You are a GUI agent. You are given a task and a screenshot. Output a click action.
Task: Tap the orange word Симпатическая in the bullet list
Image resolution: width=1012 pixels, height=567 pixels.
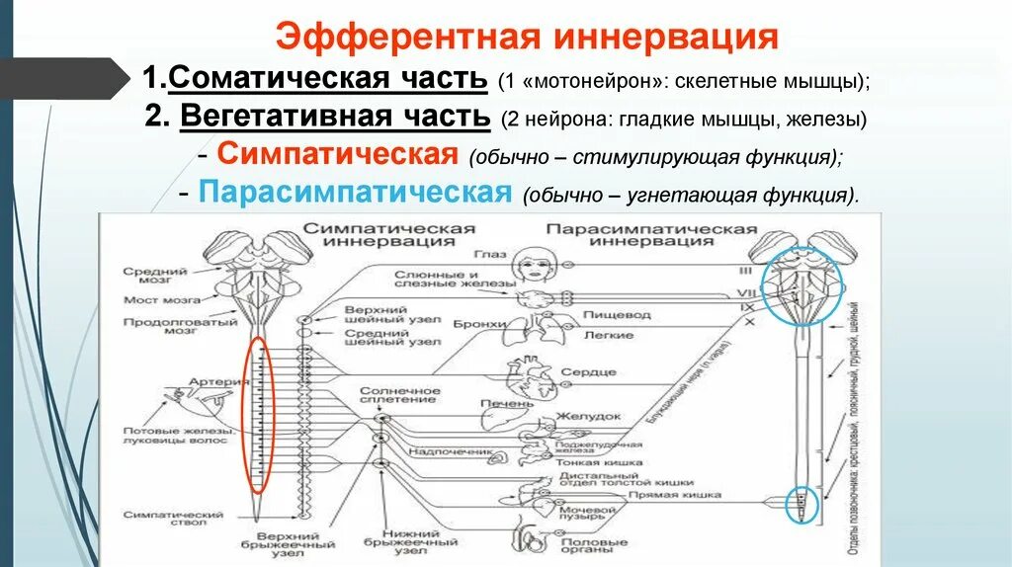[337, 154]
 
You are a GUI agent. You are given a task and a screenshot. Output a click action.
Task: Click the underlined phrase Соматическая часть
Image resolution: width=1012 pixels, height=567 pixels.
[326, 77]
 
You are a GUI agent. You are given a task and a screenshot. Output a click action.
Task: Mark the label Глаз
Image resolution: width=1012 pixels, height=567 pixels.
[495, 255]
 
